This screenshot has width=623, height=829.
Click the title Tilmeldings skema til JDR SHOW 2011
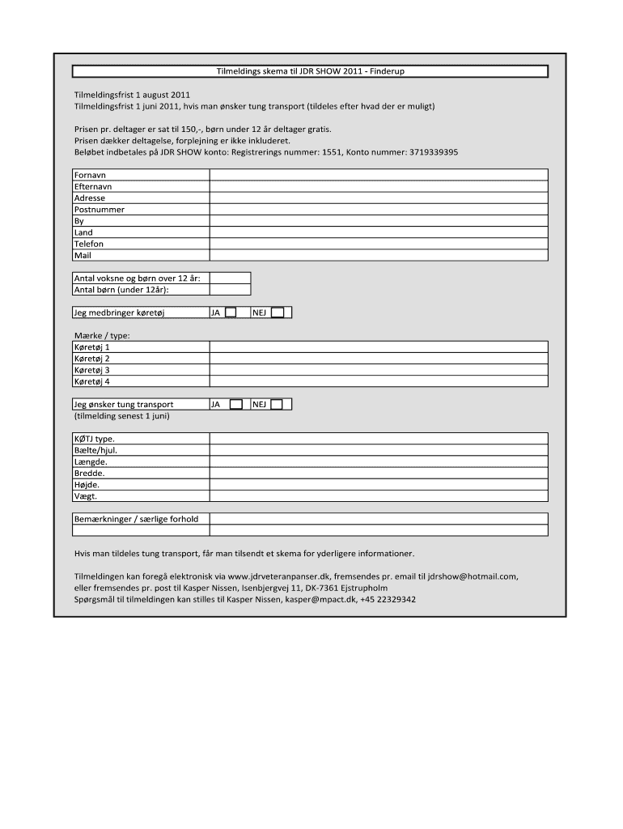310,71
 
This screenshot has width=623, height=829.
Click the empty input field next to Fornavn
379,175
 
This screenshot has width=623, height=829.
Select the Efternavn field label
93,186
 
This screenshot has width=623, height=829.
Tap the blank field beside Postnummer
379,210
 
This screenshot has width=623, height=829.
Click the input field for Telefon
379,244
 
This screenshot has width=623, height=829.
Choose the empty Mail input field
379,255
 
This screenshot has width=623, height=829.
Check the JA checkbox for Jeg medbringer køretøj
231,312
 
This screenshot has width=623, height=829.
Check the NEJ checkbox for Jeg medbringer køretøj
277,312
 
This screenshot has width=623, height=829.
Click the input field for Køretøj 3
379,369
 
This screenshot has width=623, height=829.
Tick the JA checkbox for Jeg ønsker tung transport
235,404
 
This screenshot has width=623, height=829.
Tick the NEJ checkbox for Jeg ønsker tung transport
277,404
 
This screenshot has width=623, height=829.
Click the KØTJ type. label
95,439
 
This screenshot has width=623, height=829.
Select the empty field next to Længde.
379,461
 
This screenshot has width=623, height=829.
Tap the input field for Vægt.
379,495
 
